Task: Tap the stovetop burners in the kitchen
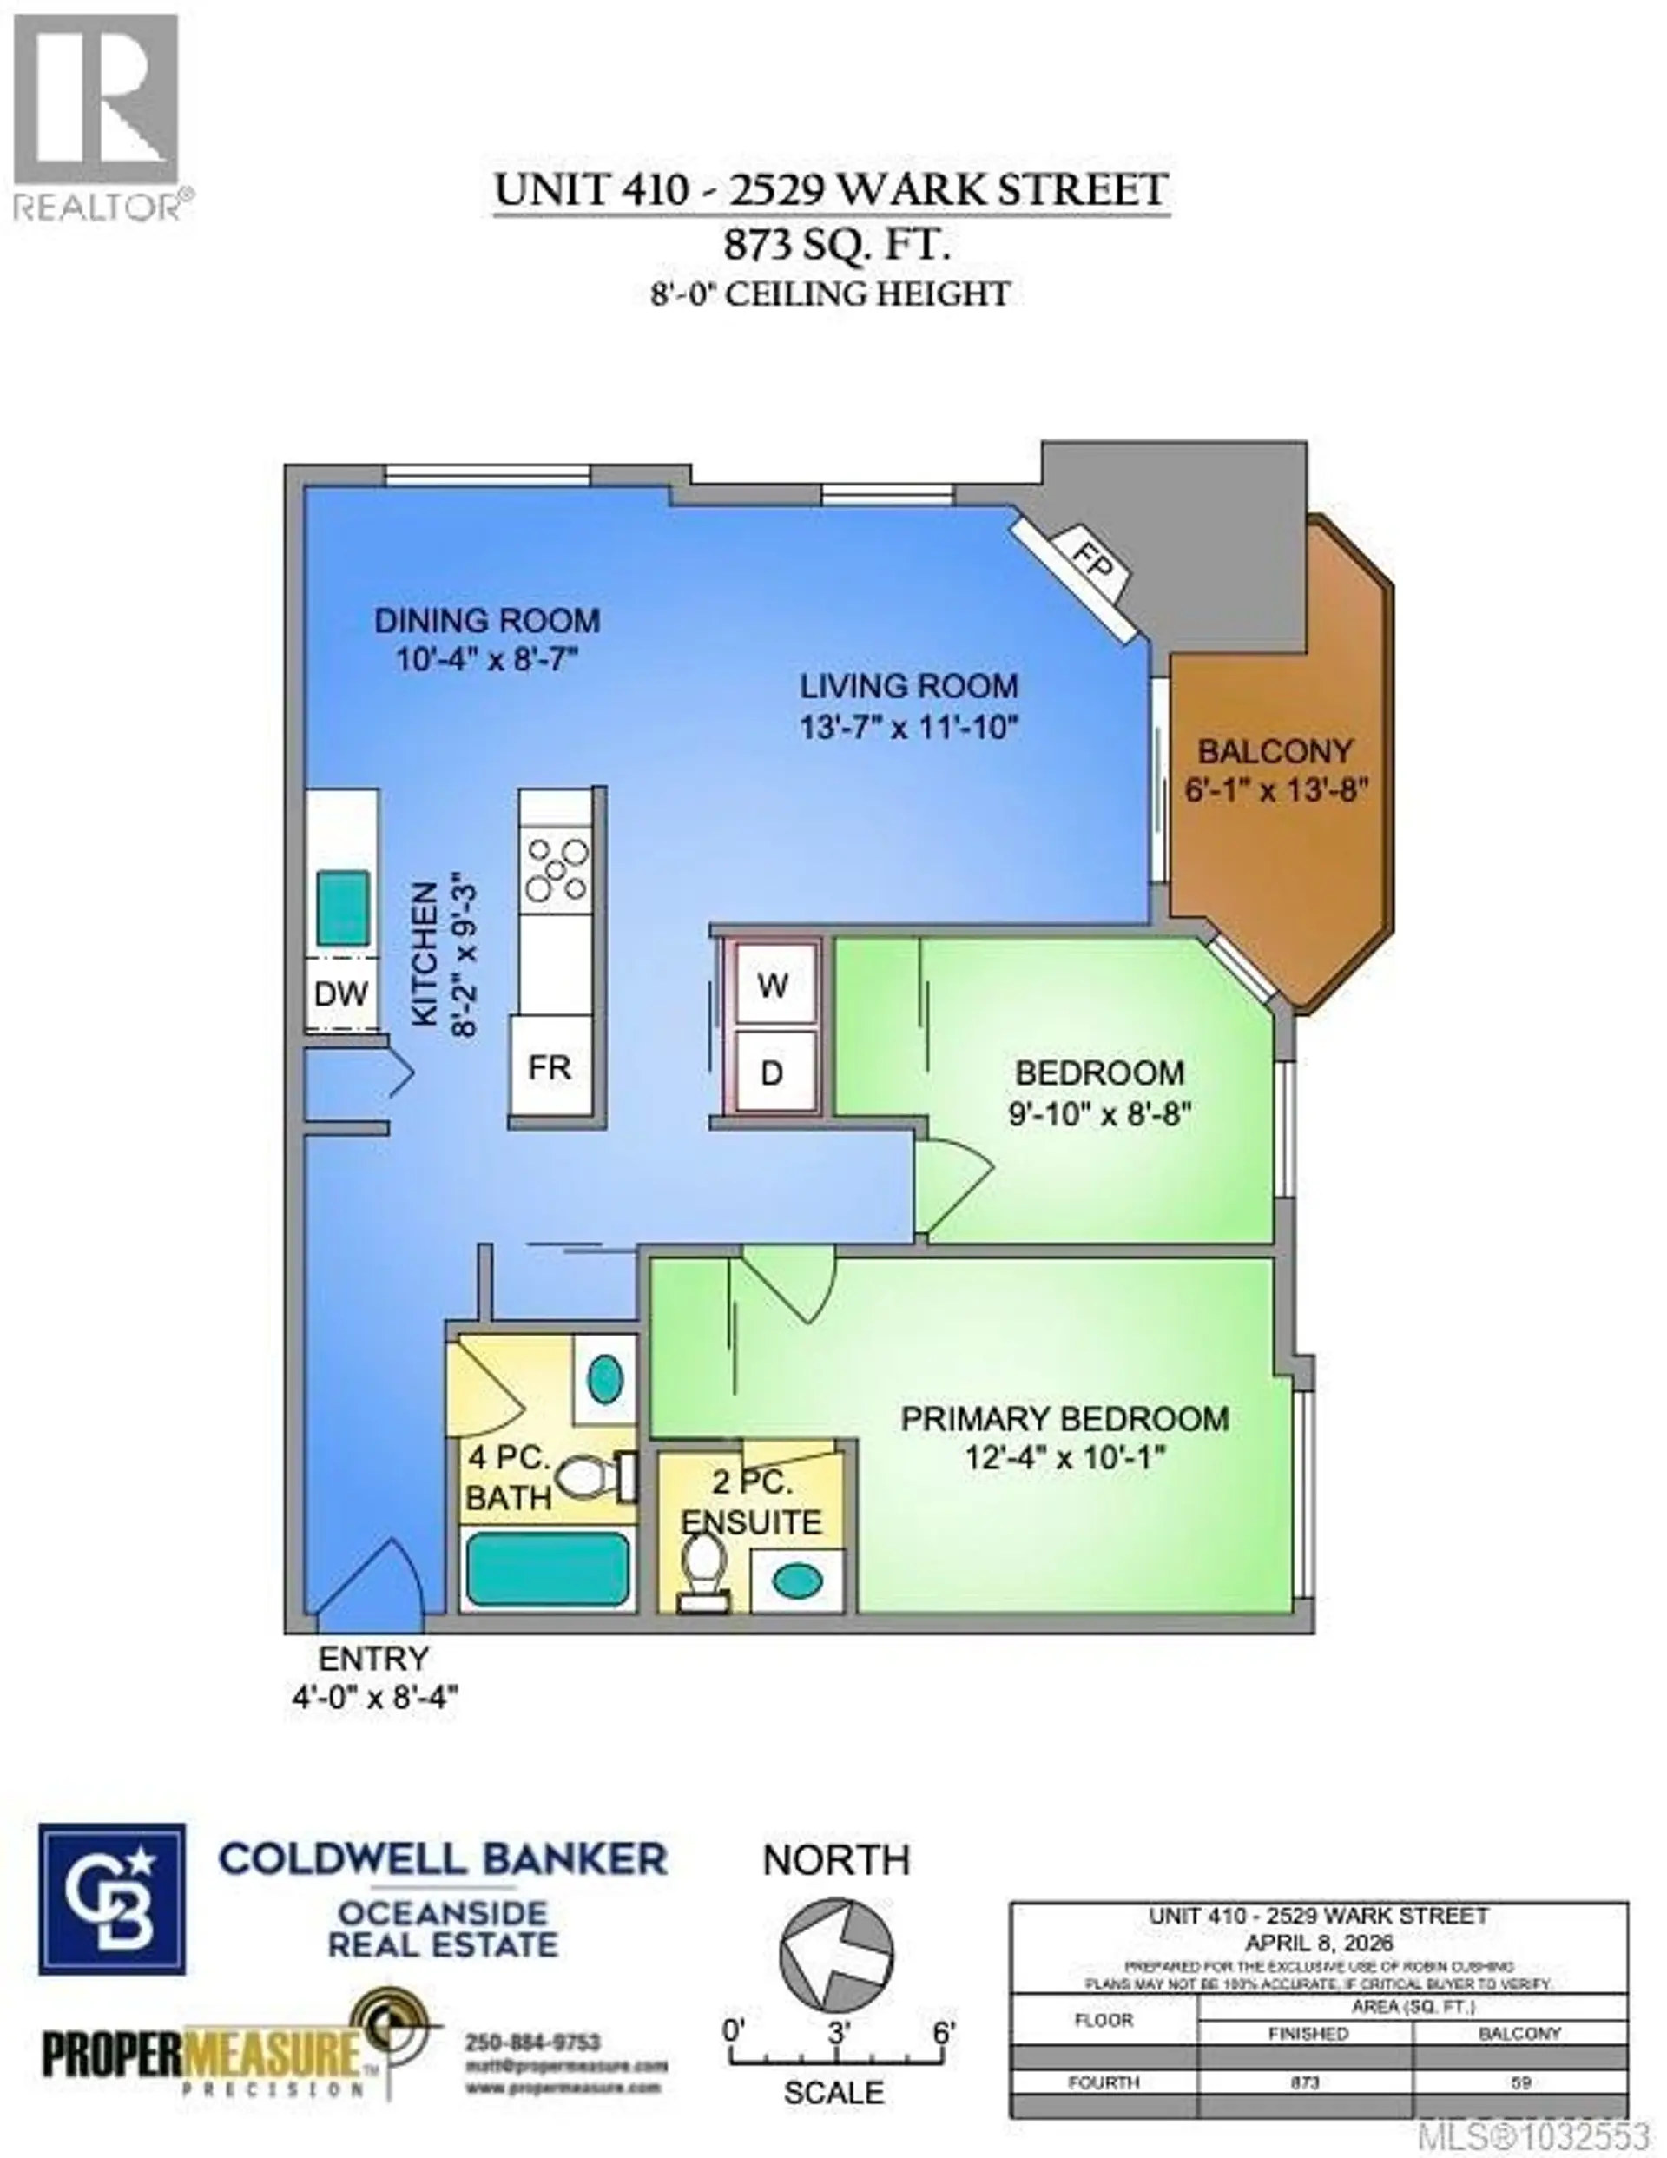pos(557,868)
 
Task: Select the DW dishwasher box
pos(341,993)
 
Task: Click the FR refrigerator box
pos(550,1067)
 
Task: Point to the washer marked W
pos(774,984)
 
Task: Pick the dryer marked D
pos(773,1072)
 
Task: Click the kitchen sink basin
pos(343,907)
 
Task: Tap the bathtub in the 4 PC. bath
pos(548,1569)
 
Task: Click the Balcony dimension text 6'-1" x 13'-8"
pos(1275,790)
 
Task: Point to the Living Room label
pos(908,686)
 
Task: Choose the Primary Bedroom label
pos(1064,1419)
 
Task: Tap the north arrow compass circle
pos(836,1952)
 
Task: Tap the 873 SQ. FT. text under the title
pos(837,245)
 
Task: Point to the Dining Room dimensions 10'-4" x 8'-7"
pos(486,659)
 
